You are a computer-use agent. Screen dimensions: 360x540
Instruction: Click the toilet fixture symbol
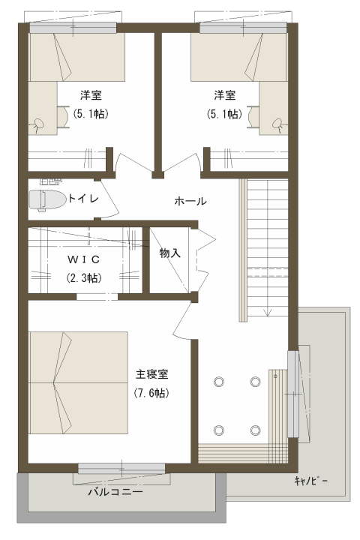tap(47, 200)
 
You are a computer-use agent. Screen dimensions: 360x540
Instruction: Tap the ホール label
tap(190, 201)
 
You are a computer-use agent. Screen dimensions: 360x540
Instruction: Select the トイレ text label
tap(83, 198)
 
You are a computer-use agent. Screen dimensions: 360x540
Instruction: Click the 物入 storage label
tap(169, 253)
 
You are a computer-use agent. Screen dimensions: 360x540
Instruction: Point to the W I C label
tap(84, 259)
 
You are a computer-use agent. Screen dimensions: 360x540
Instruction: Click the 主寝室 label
tap(151, 374)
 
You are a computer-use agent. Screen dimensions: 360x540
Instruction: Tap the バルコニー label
tap(115, 492)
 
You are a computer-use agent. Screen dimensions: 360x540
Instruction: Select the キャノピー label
tap(310, 481)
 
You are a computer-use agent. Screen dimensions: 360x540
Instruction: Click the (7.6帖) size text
tap(151, 393)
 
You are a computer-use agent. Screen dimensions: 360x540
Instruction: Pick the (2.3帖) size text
tap(84, 277)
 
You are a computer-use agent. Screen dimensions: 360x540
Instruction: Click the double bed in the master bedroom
tap(79, 382)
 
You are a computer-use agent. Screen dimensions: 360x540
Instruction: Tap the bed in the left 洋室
tap(76, 56)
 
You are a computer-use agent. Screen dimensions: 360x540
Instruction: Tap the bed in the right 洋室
tap(239, 56)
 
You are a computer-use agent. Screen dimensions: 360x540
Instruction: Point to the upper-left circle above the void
tap(219, 382)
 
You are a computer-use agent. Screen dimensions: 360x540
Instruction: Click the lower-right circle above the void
tap(255, 430)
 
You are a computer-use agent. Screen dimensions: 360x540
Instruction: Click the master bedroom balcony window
tap(121, 469)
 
